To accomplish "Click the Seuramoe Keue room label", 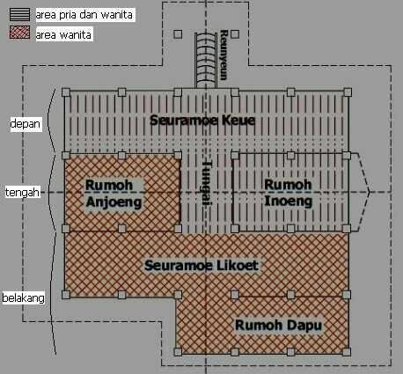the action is (202, 121).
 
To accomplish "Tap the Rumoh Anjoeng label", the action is (114, 194).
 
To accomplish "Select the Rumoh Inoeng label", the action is (288, 193).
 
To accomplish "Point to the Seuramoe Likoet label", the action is (201, 266).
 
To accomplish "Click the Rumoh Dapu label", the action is (278, 326).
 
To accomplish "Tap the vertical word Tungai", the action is (207, 182).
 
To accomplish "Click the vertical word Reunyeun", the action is (224, 55).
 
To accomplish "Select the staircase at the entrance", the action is (206, 60).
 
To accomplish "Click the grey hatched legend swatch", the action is (19, 15).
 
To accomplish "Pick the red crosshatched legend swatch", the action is (19, 33).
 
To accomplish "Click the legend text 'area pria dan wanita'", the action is (84, 15).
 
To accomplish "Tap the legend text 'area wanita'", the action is (63, 35).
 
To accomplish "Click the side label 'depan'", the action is (26, 124).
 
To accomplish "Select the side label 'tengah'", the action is (22, 193).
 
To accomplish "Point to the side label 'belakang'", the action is (24, 298).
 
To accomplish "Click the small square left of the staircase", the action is (178, 34).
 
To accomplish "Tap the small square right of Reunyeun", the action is (235, 34).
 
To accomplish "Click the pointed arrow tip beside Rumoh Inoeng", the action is (369, 192).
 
